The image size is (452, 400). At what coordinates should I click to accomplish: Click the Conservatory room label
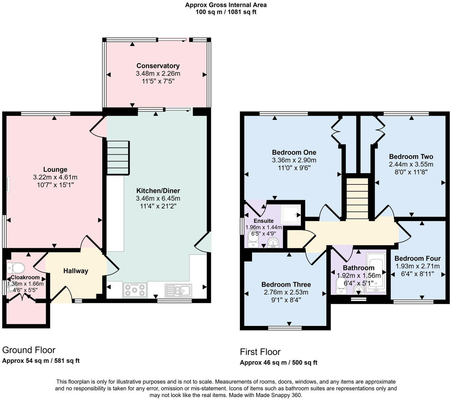158,66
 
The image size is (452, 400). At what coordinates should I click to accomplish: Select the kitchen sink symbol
178,290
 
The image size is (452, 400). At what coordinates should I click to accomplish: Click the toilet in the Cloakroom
15,267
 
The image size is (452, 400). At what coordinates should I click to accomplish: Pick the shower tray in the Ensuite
290,215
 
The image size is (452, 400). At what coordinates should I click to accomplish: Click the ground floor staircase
118,158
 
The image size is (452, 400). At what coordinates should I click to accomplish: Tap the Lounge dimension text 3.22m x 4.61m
55,177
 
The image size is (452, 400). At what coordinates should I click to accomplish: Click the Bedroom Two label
411,157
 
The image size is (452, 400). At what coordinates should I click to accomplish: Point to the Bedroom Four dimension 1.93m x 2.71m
418,266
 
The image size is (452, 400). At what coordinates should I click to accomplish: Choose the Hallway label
76,271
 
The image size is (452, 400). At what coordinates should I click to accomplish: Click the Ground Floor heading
29,350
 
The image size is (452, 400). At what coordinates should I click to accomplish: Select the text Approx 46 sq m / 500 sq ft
279,363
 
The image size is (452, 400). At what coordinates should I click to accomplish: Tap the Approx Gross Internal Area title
226,5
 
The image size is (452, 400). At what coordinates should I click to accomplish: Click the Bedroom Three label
286,284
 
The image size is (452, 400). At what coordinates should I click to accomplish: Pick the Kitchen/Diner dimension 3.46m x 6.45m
158,199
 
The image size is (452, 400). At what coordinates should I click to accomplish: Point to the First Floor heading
260,352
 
